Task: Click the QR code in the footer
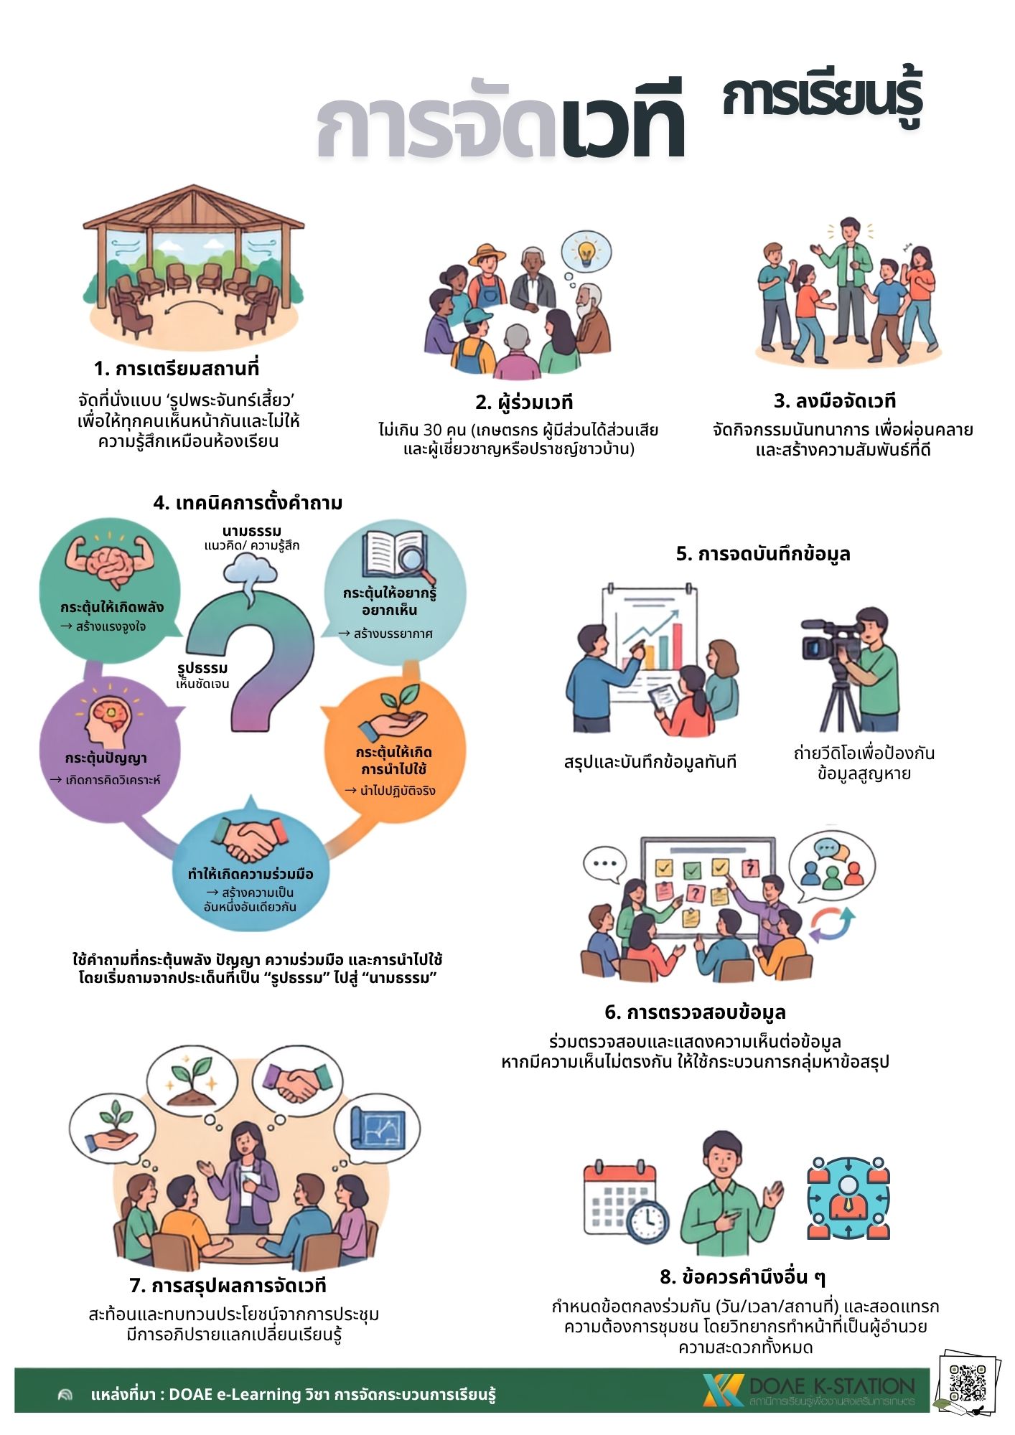(x=968, y=1383)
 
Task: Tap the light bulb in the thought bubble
(x=587, y=251)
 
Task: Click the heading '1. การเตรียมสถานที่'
(x=177, y=369)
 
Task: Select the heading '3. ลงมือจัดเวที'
(x=835, y=400)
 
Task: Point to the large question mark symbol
(x=255, y=657)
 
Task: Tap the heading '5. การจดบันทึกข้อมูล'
(x=763, y=554)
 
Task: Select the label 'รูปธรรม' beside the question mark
(x=202, y=668)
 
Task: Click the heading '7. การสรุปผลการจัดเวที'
(x=228, y=1285)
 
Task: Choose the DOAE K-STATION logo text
(x=831, y=1385)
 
